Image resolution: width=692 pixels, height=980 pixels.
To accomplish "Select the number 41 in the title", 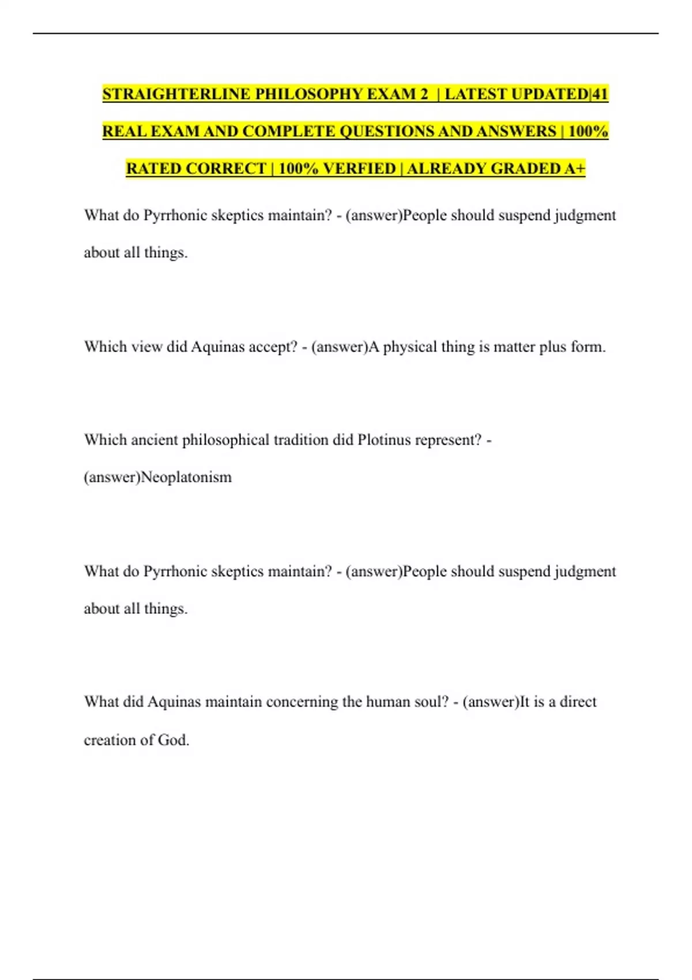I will pos(599,94).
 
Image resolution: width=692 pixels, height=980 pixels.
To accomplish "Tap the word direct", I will pos(578,702).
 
